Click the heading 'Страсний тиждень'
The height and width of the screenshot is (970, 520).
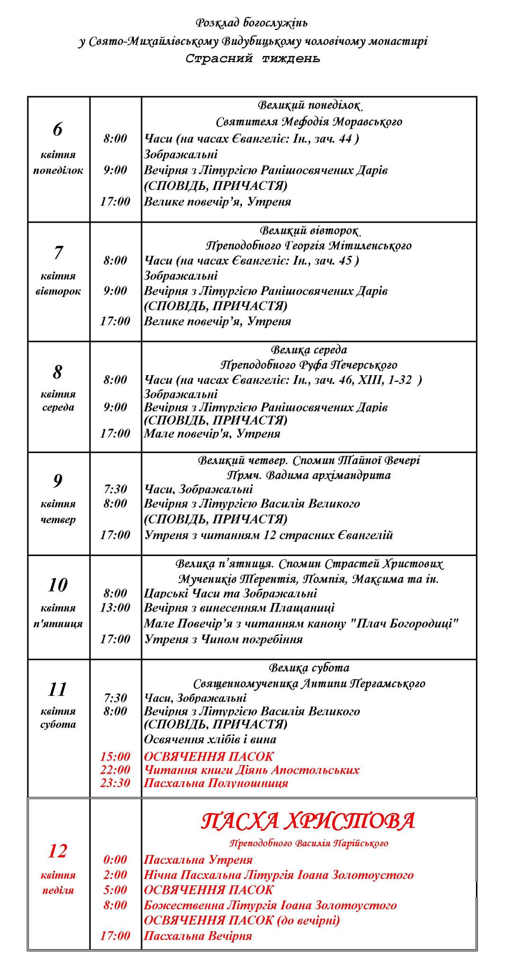(252, 59)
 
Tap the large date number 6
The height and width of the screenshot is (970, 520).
(58, 129)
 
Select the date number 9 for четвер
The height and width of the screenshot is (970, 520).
(58, 481)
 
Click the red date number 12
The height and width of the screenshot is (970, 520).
(58, 851)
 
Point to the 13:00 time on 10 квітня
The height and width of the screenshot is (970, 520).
(115, 608)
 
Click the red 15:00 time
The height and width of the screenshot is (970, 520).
(115, 757)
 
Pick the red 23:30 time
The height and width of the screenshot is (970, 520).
(115, 783)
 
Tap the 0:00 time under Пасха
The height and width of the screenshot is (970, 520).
(115, 860)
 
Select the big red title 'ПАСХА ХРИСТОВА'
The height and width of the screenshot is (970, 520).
(308, 821)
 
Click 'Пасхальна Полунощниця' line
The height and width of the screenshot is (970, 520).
(215, 783)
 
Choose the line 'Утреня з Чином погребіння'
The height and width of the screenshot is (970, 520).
(223, 639)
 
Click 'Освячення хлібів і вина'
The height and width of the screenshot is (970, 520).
(210, 739)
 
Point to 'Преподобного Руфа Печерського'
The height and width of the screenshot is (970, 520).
(309, 365)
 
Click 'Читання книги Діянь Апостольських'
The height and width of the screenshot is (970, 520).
(251, 770)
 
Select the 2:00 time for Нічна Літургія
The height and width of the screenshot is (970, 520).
(115, 875)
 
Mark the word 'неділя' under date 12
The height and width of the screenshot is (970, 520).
(58, 890)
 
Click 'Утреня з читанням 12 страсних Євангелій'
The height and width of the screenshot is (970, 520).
(269, 535)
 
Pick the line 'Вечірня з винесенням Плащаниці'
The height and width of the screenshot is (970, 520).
(239, 608)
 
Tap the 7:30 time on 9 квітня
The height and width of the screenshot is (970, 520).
(115, 489)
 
